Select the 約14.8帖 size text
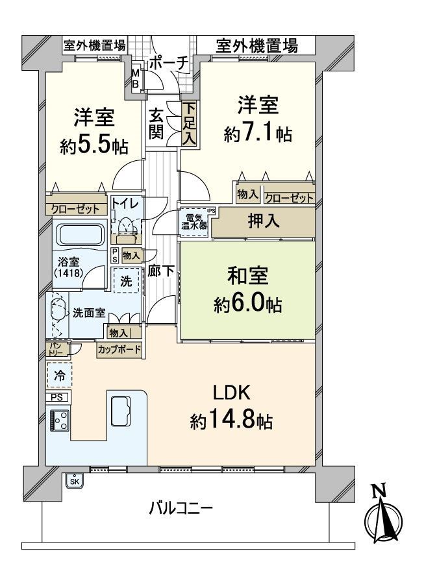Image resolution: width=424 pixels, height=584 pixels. (x=231, y=422)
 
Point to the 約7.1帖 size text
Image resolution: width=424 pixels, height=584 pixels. (x=258, y=134)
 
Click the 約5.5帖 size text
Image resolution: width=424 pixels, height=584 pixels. (x=94, y=145)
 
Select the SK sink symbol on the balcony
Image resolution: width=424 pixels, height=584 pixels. (x=75, y=481)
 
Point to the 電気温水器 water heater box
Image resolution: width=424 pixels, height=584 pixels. (x=194, y=222)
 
